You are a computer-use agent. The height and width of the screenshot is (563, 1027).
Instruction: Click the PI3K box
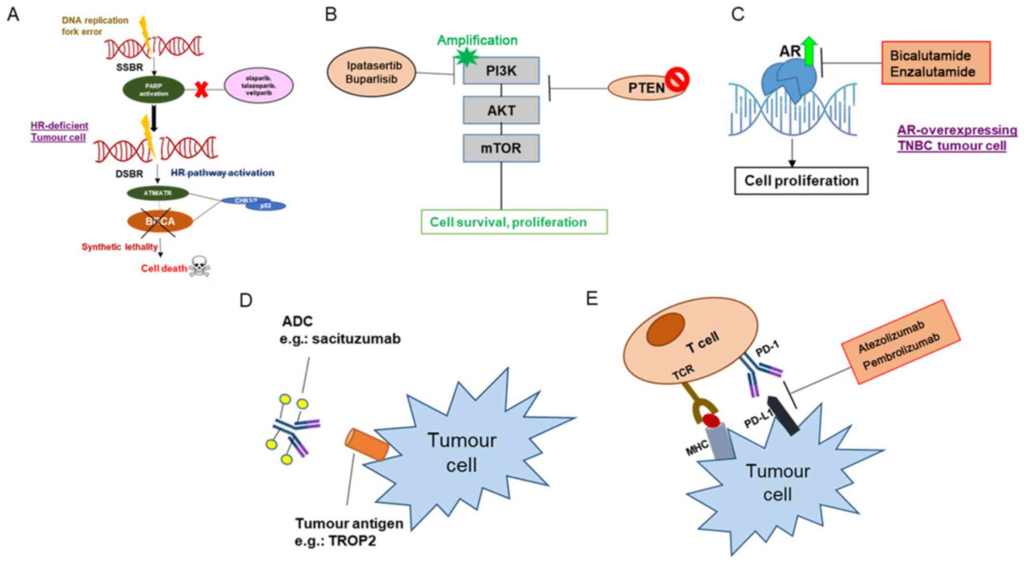pos(501,70)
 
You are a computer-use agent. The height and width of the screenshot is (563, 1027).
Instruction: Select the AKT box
pos(501,110)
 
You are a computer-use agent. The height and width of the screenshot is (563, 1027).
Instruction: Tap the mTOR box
pos(501,148)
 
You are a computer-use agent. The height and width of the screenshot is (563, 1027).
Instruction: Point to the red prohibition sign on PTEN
pos(677,79)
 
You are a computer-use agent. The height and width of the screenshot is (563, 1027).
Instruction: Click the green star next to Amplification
pos(466,57)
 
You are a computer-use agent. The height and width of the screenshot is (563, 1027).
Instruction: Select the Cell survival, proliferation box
pos(514,222)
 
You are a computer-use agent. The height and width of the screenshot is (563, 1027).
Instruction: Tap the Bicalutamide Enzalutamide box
pos(936,63)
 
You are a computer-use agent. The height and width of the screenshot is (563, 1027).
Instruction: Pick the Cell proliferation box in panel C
pos(801,181)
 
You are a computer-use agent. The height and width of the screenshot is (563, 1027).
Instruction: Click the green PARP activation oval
pos(154,90)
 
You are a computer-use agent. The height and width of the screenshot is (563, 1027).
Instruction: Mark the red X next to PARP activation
pos(201,90)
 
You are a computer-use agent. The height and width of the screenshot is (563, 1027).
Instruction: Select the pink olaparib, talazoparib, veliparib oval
pos(258,85)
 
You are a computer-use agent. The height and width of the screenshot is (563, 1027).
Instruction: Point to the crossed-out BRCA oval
pos(160,221)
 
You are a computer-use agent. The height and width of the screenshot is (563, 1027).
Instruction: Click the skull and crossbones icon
pos(199,266)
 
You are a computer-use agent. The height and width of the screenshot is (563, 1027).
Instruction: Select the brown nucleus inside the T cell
pos(665,330)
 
